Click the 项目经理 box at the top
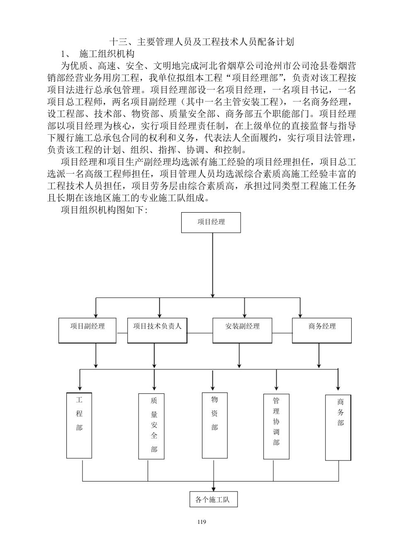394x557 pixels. click(x=211, y=222)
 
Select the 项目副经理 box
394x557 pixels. click(x=88, y=330)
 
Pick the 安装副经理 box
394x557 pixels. click(x=242, y=330)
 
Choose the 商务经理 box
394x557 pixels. click(x=322, y=330)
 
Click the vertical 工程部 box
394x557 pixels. click(x=79, y=425)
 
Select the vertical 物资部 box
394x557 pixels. click(x=214, y=425)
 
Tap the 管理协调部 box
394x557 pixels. click(x=276, y=426)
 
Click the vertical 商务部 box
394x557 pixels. click(x=338, y=427)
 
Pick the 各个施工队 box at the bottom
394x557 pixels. click(x=212, y=499)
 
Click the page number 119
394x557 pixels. click(x=202, y=522)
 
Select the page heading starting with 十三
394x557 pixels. click(x=201, y=42)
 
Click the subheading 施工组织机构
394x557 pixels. click(x=107, y=54)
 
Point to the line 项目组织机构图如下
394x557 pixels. click(x=104, y=210)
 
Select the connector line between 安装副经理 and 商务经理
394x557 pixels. click(x=282, y=332)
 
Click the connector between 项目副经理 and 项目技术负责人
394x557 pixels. click(x=122, y=332)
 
